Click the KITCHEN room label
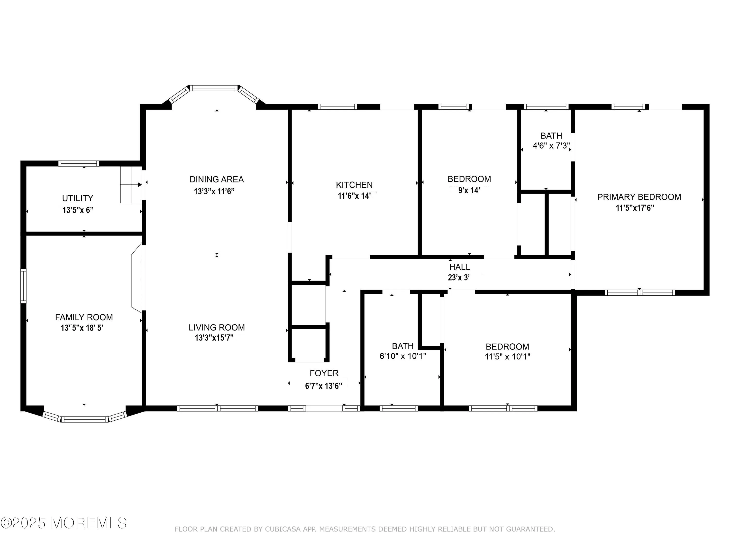[354, 185]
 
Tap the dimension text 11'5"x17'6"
[635, 208]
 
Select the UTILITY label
[78, 198]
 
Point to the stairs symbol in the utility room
[131, 185]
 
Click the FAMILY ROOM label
[84, 317]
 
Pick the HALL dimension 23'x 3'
[459, 277]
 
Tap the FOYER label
[324, 373]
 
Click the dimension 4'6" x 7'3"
[551, 146]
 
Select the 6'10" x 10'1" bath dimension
[403, 356]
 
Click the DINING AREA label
[217, 179]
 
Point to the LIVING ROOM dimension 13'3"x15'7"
[214, 338]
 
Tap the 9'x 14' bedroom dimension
[469, 191]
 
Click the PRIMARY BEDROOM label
[639, 197]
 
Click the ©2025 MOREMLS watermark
[63, 523]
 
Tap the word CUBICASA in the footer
[283, 529]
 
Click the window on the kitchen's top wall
[338, 107]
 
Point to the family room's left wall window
[23, 286]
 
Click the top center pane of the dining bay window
[214, 88]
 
